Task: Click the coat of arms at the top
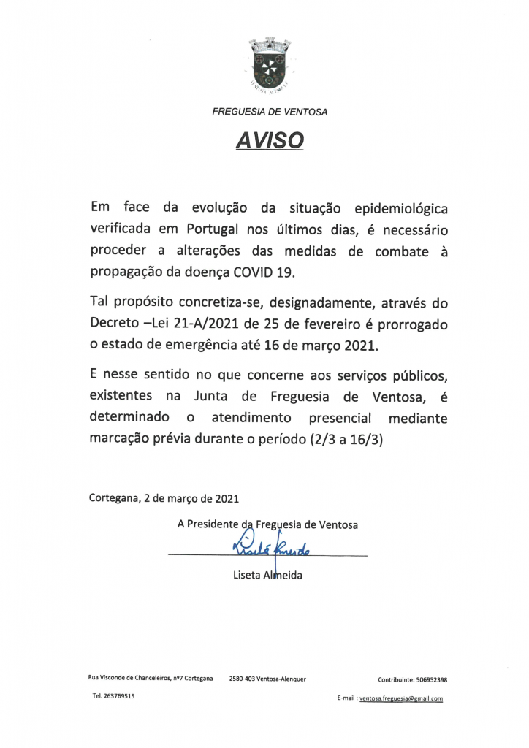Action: pos(270,65)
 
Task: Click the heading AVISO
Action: pos(270,139)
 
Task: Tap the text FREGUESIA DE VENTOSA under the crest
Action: pos(270,112)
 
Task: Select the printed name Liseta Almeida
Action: pos(267,576)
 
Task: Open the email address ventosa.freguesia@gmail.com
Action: pos(400,698)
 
